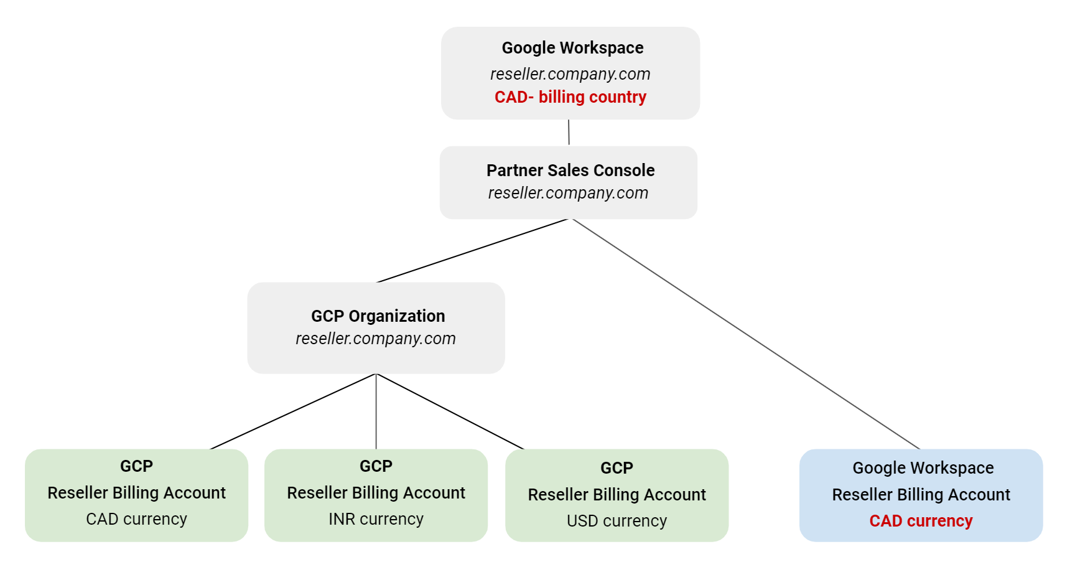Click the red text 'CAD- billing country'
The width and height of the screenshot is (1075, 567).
tap(570, 97)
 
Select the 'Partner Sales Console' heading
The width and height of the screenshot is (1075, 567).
tap(570, 171)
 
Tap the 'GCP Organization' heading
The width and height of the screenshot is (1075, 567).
tap(378, 316)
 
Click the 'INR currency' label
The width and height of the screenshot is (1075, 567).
tap(376, 519)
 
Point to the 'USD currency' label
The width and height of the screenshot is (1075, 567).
tap(617, 521)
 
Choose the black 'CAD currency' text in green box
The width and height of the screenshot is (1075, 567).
tap(136, 519)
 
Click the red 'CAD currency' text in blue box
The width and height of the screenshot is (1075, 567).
tap(921, 521)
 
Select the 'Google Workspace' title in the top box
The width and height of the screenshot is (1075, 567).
tap(572, 48)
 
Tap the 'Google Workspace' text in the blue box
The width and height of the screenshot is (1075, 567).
tap(923, 468)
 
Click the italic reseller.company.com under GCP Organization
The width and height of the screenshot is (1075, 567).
tap(376, 339)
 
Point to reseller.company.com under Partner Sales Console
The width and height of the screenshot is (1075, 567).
tap(568, 193)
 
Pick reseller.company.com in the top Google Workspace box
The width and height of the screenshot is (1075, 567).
tap(570, 74)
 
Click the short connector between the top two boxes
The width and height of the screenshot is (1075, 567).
tap(569, 132)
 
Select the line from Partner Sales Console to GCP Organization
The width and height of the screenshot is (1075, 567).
tap(473, 250)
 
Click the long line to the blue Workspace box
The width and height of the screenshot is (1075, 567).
tap(747, 334)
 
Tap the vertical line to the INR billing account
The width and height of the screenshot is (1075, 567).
tap(376, 411)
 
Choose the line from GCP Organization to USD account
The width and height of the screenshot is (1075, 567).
tap(450, 411)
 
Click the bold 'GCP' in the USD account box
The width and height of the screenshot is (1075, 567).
tap(617, 468)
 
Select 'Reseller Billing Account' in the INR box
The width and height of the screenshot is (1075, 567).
tap(376, 493)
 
